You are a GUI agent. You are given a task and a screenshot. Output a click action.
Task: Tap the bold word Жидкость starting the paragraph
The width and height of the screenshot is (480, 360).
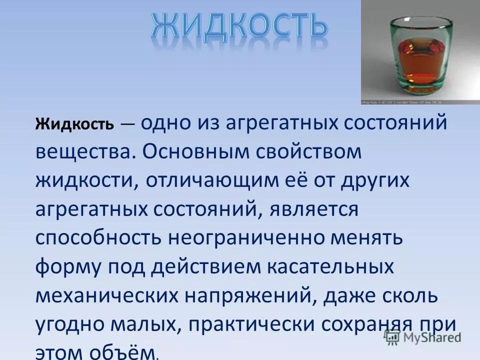coord(74,124)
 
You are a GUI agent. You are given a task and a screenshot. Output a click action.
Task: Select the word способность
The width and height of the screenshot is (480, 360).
coord(98,238)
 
